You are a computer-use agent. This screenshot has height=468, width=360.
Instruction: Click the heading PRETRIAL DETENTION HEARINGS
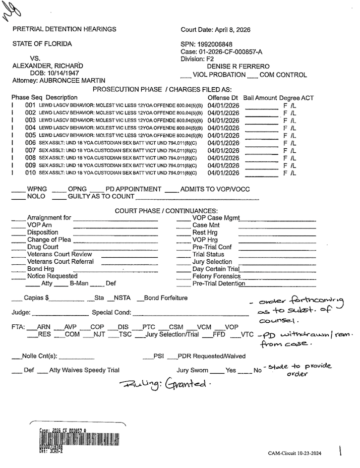(x=64, y=29)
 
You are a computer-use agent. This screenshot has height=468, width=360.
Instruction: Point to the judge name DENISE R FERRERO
(x=238, y=67)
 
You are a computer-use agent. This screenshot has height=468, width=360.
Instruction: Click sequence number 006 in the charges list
(x=30, y=143)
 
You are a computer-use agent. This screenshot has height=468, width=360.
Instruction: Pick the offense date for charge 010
(x=223, y=173)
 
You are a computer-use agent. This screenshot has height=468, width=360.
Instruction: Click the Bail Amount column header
(x=260, y=97)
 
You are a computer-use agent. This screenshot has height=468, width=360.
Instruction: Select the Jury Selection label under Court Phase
(x=212, y=262)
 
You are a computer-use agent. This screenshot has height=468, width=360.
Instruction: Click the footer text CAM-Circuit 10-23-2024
(x=294, y=454)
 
